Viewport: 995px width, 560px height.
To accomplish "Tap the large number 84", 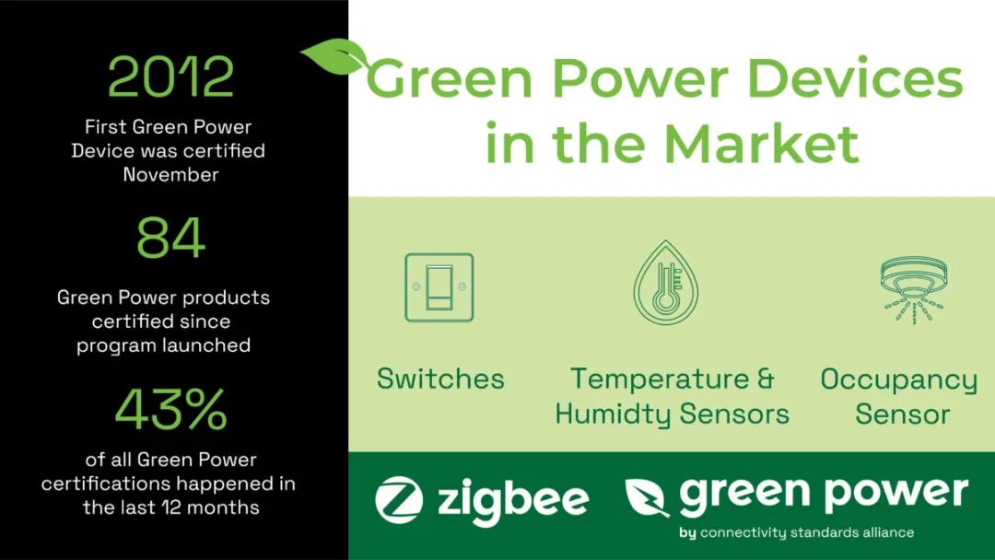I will (x=170, y=238).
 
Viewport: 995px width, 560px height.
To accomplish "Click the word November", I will (x=170, y=174).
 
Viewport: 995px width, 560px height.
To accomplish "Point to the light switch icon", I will (x=439, y=287).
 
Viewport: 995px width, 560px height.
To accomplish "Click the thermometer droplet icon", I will (x=666, y=284).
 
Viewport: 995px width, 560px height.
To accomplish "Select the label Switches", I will (x=440, y=379).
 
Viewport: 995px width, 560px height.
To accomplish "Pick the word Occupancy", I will (x=898, y=379).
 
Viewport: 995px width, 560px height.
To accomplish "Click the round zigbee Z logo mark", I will (x=399, y=499).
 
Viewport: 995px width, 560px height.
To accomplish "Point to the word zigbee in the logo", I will (x=511, y=499).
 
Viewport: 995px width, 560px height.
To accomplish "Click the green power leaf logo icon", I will (x=647, y=497).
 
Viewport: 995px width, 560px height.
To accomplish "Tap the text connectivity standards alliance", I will (x=806, y=532).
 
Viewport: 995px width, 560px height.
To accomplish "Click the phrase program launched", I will (x=163, y=346).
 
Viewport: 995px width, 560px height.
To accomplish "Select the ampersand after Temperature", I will (x=764, y=379).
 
